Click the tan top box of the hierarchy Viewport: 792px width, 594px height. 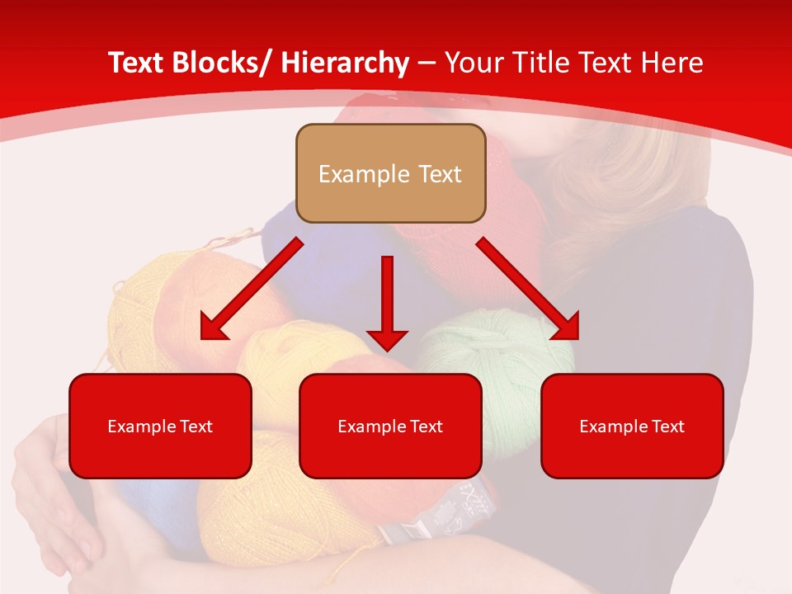tap(390, 173)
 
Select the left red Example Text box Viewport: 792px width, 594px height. tap(160, 426)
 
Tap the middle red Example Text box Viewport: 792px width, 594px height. tap(390, 426)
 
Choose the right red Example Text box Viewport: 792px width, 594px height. tap(632, 426)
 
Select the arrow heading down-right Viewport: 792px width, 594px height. tap(529, 290)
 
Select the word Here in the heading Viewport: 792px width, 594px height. tap(671, 64)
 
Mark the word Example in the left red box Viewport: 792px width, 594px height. tap(141, 427)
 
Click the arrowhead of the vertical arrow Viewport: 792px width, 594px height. tap(387, 338)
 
